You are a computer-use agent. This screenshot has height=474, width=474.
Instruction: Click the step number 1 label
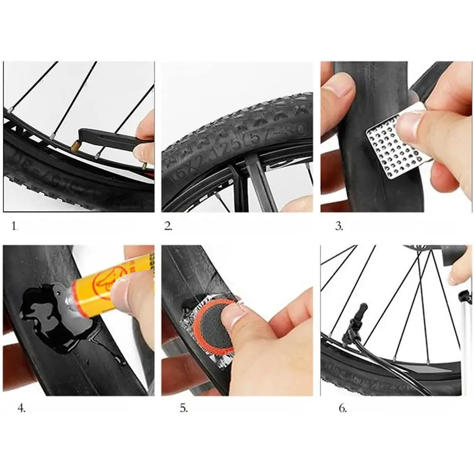14,226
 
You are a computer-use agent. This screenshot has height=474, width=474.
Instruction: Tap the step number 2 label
169,226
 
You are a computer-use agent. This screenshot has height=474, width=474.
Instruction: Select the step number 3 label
339,226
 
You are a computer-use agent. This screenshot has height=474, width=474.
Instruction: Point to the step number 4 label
21,408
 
